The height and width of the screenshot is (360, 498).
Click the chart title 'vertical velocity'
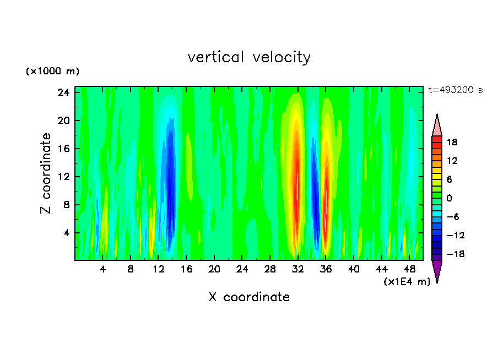pyautogui.click(x=249, y=57)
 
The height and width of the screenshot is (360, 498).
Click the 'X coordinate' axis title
pyautogui.click(x=249, y=297)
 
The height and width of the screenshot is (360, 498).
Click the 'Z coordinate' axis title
pyautogui.click(x=46, y=173)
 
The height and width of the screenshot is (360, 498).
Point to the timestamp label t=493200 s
pyautogui.click(x=455, y=90)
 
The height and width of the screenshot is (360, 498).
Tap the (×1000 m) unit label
pyautogui.click(x=52, y=72)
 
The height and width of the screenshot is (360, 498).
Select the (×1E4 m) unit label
pyautogui.click(x=407, y=282)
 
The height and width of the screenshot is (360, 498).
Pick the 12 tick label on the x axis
pyautogui.click(x=159, y=270)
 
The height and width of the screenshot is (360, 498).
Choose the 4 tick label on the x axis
pyautogui.click(x=103, y=270)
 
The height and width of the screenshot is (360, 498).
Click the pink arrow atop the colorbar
pyautogui.click(x=437, y=125)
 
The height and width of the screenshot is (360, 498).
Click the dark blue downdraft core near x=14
pyautogui.click(x=170, y=176)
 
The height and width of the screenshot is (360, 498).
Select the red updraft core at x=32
pyautogui.click(x=296, y=182)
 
